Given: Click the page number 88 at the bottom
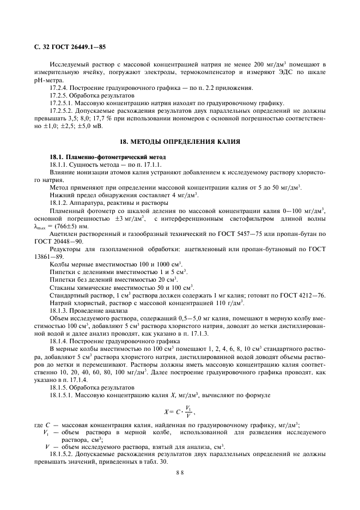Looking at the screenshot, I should [x=180, y=473].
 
